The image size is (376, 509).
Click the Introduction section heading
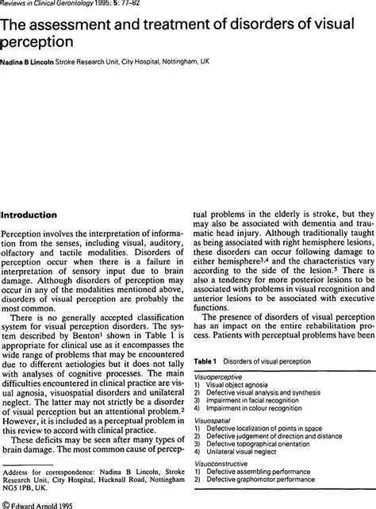(40, 215)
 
